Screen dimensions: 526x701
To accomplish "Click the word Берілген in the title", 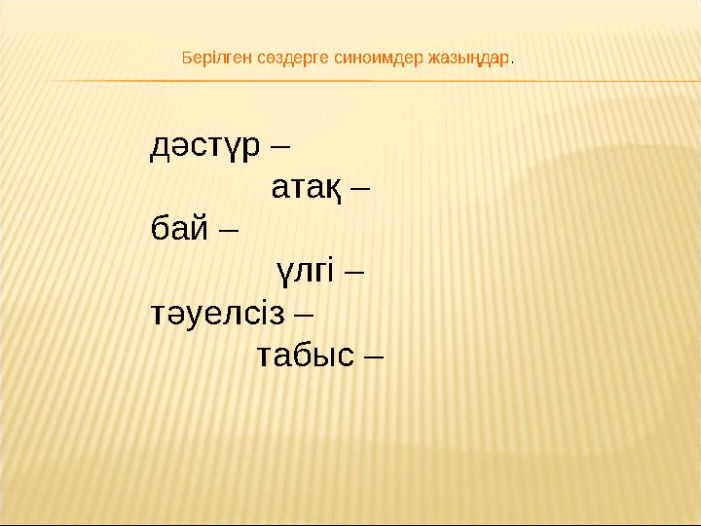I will [x=215, y=57].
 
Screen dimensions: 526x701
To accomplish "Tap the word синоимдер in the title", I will [x=374, y=57].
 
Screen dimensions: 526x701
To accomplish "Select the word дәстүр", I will [x=205, y=146].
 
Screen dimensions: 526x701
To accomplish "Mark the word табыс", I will [x=305, y=356].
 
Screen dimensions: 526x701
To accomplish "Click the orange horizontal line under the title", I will [x=350, y=80].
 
